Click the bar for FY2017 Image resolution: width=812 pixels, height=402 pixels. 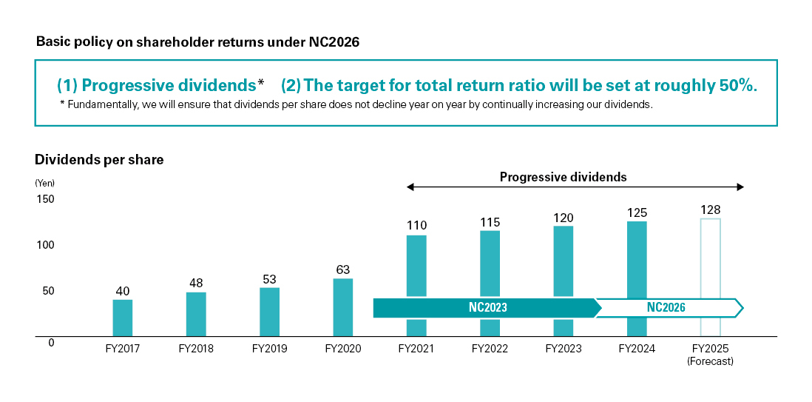tap(122, 318)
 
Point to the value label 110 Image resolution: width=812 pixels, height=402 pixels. tap(416, 225)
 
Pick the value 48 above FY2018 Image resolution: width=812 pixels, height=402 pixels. tap(195, 283)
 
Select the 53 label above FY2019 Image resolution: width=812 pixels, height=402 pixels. tap(269, 278)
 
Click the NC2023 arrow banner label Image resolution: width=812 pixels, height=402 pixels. tap(488, 307)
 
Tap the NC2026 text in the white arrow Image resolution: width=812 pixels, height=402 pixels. tap(666, 307)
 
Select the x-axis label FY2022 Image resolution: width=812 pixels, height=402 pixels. tap(490, 348)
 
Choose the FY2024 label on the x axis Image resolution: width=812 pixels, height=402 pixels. tap(637, 348)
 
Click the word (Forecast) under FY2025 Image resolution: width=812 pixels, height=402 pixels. tap(710, 361)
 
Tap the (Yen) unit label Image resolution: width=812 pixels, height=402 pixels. tap(44, 183)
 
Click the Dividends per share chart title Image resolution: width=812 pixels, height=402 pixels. tap(99, 159)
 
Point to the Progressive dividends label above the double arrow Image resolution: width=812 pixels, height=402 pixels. tap(563, 177)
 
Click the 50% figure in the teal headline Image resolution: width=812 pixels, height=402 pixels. tap(737, 85)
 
